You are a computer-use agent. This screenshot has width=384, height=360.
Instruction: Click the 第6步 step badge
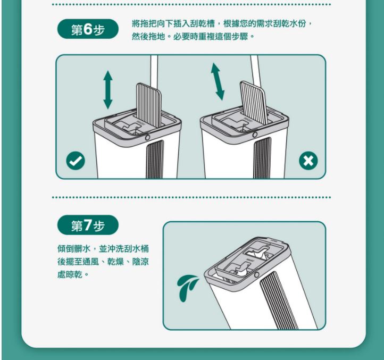(x=88, y=29)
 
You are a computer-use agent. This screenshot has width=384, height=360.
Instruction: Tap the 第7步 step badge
(x=88, y=225)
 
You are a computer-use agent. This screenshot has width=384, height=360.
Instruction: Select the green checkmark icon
(x=76, y=161)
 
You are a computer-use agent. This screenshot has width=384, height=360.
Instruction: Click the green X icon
(x=308, y=161)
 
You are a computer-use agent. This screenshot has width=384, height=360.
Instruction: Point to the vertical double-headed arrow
(x=108, y=90)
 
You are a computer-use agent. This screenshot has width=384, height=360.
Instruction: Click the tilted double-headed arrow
(x=218, y=81)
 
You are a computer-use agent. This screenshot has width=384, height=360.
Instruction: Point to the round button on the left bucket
(x=147, y=138)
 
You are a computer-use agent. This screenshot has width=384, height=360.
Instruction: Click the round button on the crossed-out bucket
(x=255, y=135)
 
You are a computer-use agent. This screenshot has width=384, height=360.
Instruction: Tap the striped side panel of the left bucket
(x=155, y=159)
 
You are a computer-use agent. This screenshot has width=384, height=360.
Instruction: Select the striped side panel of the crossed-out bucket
(x=262, y=158)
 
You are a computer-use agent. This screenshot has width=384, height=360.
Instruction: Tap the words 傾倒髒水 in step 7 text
(x=74, y=249)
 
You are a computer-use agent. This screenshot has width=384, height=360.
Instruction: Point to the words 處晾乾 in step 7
(x=70, y=274)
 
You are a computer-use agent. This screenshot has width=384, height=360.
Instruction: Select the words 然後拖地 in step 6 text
(x=148, y=37)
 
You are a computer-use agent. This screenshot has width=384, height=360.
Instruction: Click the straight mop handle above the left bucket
(x=154, y=71)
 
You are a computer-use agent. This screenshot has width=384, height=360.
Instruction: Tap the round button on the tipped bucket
(x=256, y=274)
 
